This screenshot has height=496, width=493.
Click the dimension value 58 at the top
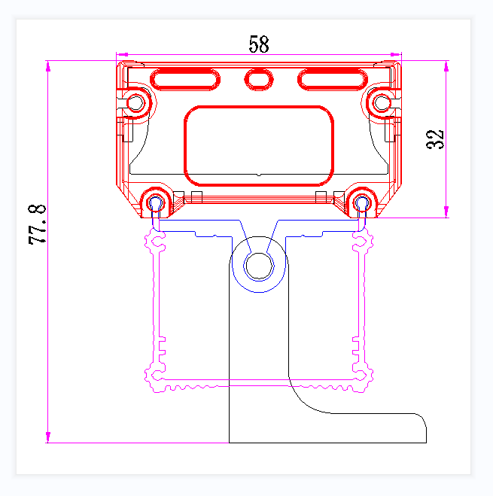coord(258,44)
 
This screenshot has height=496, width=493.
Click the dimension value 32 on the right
coord(436,139)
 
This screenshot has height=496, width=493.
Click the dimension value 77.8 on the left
coord(38,224)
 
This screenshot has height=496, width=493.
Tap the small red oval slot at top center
coord(259,78)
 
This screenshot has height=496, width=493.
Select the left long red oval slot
coord(185,78)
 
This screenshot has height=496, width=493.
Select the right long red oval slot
coord(331,78)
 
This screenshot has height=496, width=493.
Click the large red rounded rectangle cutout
coord(259,145)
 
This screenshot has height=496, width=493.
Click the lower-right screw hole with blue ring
coord(362,202)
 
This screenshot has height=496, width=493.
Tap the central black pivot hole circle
coord(260,266)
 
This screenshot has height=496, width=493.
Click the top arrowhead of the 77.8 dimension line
coord(49,65)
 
